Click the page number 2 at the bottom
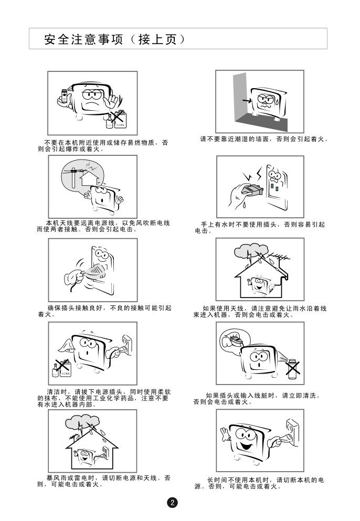coord(172,502)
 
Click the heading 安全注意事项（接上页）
coord(115,39)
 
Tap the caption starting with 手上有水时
coord(260,228)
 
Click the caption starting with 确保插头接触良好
coord(105,311)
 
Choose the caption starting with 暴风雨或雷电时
coord(104,481)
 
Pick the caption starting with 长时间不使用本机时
coord(259,483)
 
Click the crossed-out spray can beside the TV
coord(292,369)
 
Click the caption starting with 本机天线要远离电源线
coord(103,226)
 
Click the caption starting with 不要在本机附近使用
coord(103,146)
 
